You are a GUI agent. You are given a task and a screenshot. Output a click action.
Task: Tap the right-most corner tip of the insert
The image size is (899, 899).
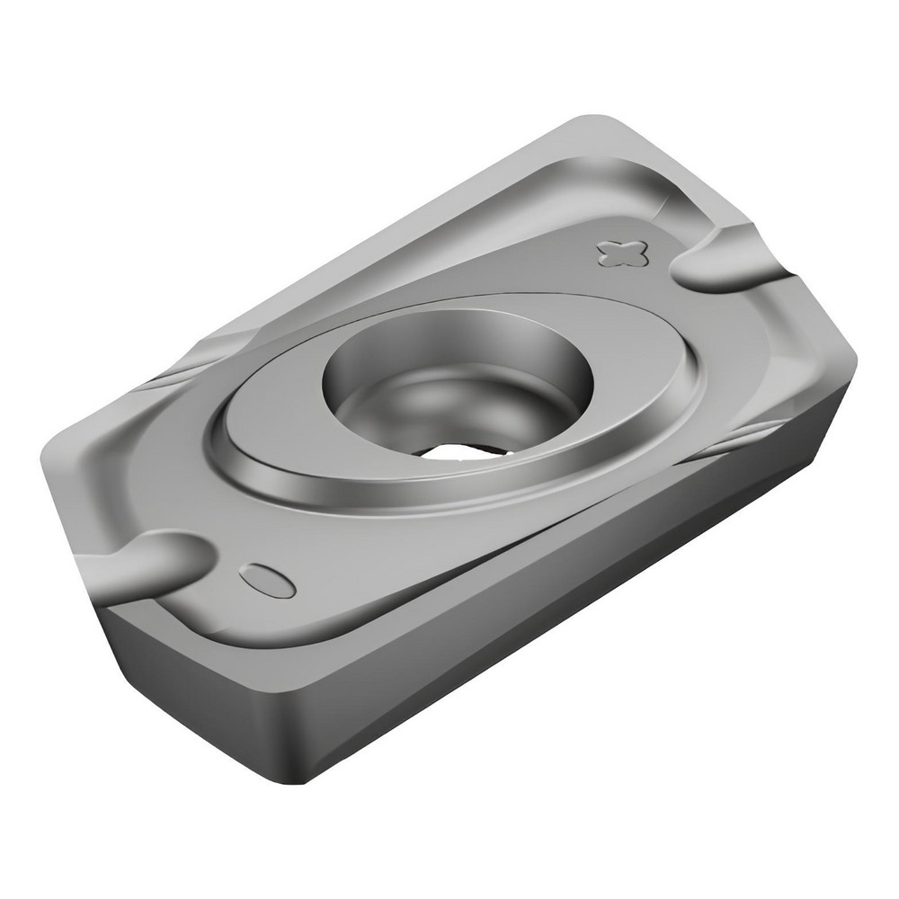[854, 360]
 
